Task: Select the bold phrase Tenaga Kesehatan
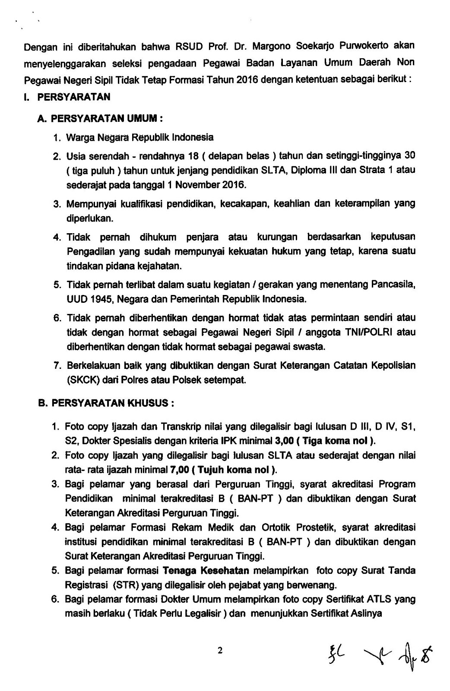(206, 571)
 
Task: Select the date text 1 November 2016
(207, 185)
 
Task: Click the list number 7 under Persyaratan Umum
(57, 366)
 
